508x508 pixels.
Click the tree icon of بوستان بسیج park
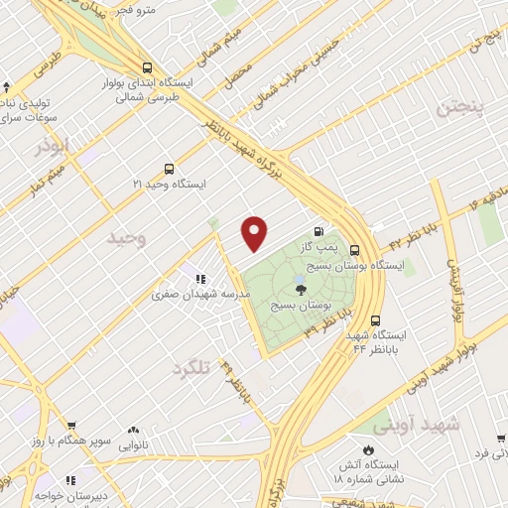click(301, 290)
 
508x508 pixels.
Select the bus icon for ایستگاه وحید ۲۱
click(170, 169)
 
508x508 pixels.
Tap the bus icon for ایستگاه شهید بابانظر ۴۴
click(375, 320)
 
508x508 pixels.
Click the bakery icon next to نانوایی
click(133, 432)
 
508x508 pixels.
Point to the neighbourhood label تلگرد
click(192, 368)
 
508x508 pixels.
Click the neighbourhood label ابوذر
click(56, 148)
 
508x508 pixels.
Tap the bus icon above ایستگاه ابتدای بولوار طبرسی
click(146, 67)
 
